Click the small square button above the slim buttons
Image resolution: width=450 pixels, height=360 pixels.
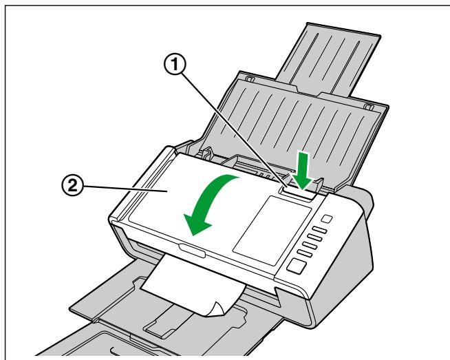(326, 218)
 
